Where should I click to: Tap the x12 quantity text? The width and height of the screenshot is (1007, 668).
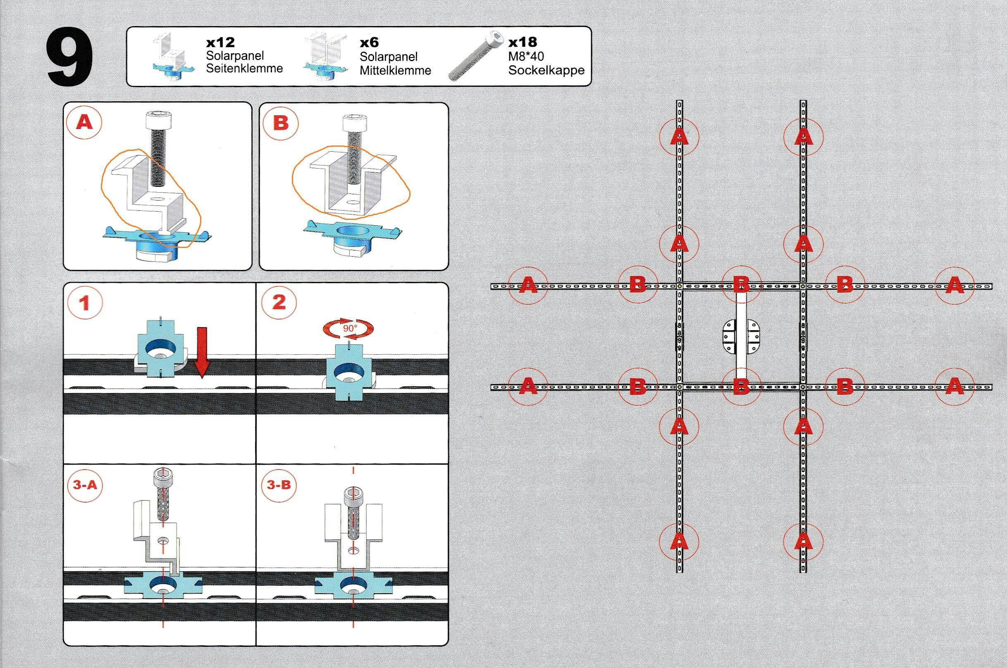click(x=220, y=43)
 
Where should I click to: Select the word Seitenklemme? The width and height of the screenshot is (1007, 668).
click(x=244, y=68)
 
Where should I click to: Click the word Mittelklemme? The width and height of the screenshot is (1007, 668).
click(x=395, y=70)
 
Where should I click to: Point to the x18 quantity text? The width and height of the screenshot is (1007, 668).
click(x=523, y=42)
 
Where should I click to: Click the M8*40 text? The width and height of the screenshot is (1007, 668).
click(x=526, y=56)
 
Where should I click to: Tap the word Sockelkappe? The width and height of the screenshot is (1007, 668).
click(x=546, y=70)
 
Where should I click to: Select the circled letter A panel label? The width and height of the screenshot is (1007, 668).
click(x=84, y=123)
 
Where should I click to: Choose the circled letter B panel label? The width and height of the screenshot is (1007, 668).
click(x=280, y=123)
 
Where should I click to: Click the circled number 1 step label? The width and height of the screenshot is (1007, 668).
click(x=85, y=303)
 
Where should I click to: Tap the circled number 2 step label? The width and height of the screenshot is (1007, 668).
click(x=279, y=303)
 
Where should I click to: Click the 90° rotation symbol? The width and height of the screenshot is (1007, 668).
click(x=349, y=328)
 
